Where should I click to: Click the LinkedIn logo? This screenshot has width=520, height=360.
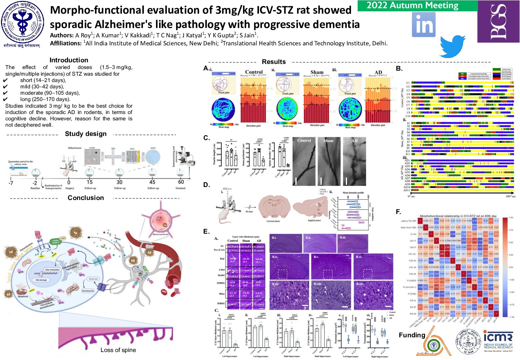pos(424,25)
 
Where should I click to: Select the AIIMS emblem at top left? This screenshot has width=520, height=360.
pos(23,23)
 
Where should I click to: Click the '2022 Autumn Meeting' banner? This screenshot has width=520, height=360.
pos(413,6)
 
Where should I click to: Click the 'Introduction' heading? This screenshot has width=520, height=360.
pos(69,60)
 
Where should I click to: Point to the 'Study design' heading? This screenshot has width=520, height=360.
pos(86,134)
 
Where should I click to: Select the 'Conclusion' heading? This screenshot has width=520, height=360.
pos(86,198)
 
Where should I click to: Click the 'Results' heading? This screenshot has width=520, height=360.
pos(274,62)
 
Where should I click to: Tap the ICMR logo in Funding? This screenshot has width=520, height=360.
pos(498,341)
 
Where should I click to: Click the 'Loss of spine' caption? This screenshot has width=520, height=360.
pos(118,350)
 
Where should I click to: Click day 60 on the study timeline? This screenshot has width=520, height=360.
pos(181,182)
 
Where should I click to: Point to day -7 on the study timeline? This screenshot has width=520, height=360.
pos(11,183)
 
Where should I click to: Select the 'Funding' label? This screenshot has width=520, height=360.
pos(412,335)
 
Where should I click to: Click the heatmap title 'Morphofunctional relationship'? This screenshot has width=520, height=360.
pos(458,216)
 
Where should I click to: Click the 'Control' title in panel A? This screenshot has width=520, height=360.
pos(254,72)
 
